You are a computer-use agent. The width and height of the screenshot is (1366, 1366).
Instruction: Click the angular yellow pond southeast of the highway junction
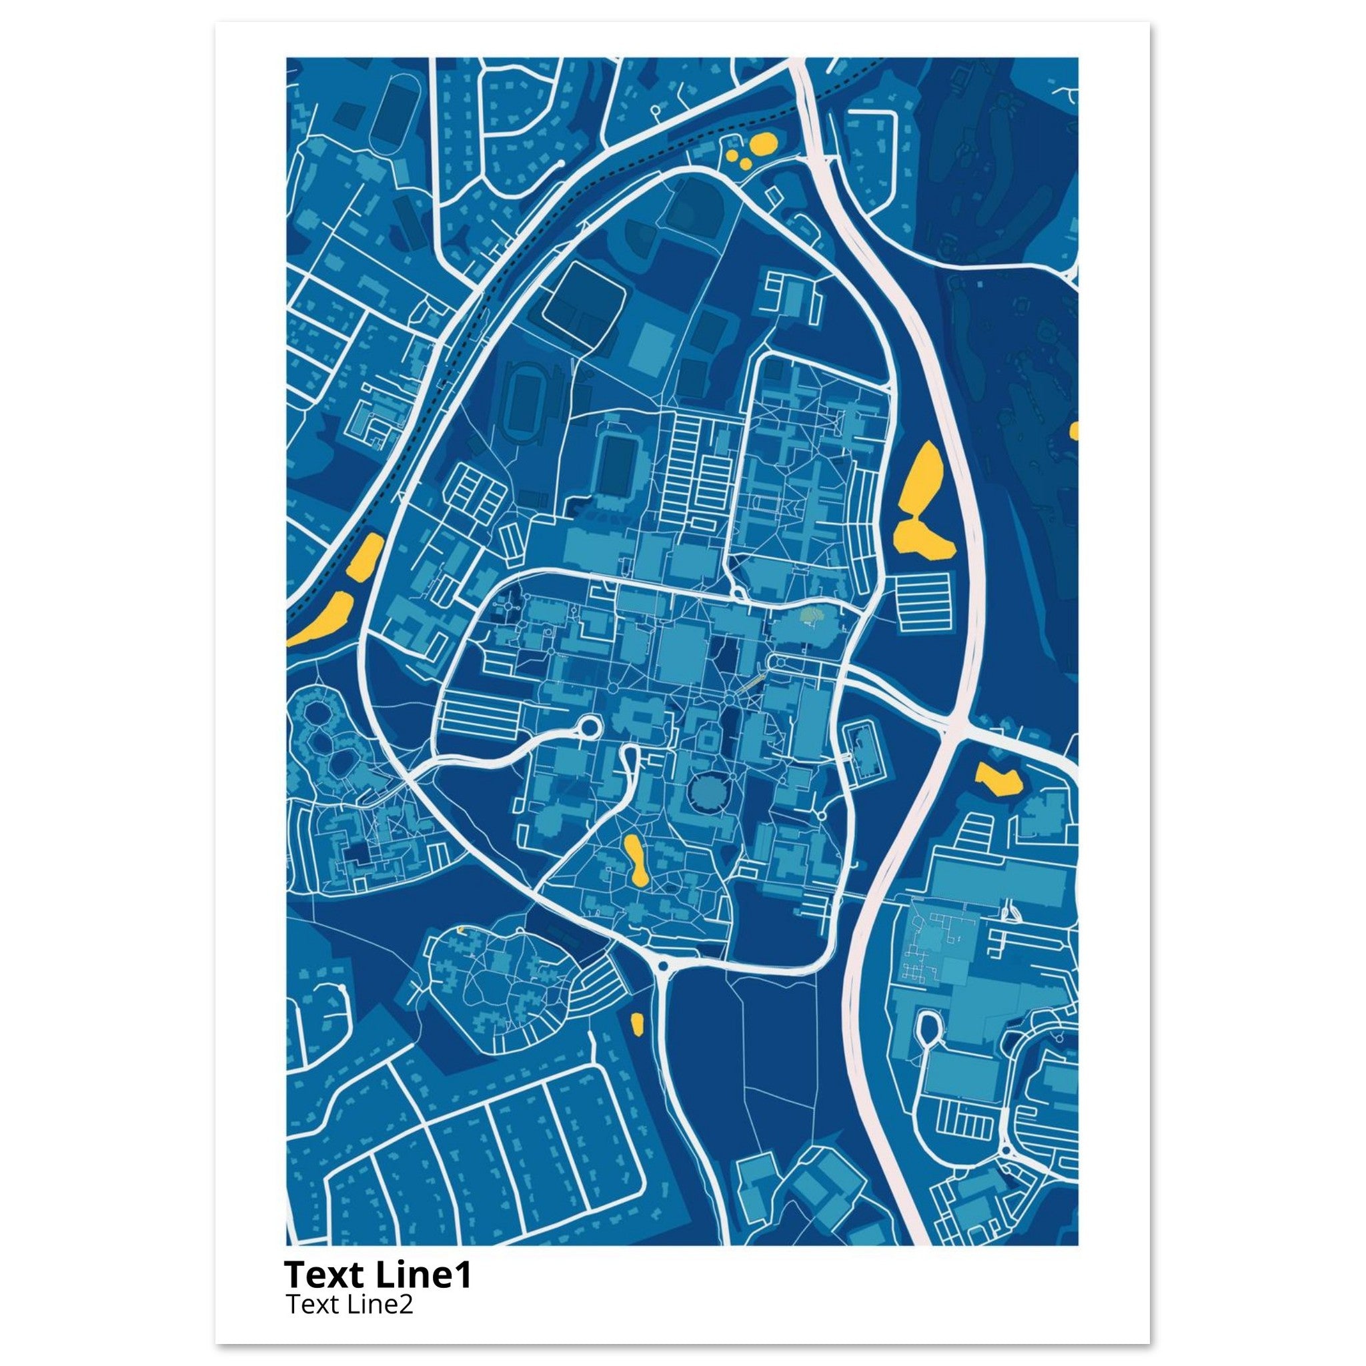click(998, 779)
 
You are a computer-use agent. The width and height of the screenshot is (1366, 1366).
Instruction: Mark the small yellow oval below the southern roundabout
click(636, 1022)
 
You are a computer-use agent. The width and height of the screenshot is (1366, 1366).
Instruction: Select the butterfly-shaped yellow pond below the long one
click(922, 539)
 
